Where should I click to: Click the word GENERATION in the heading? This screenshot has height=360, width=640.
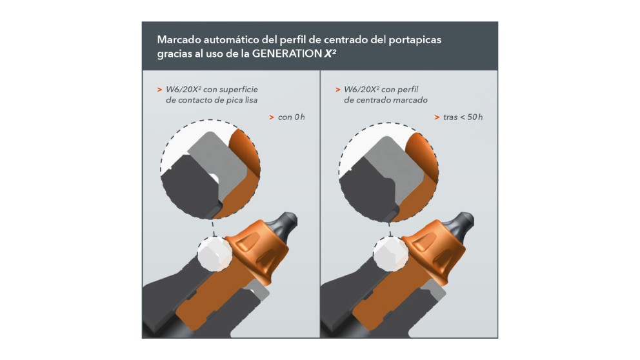click(x=287, y=54)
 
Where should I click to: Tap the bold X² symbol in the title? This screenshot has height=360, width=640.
click(x=330, y=53)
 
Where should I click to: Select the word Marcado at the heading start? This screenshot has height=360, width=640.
click(x=178, y=39)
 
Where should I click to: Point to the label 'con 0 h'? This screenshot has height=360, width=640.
click(x=292, y=117)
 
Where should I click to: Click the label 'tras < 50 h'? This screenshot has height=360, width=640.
click(x=463, y=117)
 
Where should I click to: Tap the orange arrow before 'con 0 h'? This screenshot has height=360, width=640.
click(x=272, y=117)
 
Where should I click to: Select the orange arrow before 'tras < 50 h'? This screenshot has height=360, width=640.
click(x=437, y=117)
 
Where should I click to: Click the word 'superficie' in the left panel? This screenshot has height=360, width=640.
click(x=239, y=90)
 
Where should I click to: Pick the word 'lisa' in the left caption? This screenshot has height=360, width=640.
click(x=250, y=100)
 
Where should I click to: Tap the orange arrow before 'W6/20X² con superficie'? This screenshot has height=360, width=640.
click(x=159, y=90)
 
